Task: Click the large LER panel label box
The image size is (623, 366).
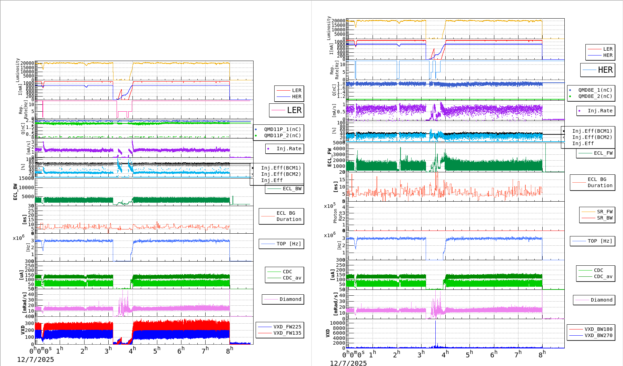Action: pyautogui.click(x=287, y=110)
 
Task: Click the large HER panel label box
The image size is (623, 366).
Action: pyautogui.click(x=597, y=70)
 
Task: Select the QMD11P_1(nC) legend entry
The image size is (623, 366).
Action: pyautogui.click(x=282, y=129)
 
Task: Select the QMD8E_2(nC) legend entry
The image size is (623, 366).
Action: pyautogui.click(x=595, y=96)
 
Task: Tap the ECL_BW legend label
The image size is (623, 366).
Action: pyautogui.click(x=292, y=189)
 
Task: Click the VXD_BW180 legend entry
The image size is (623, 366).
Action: pyautogui.click(x=598, y=329)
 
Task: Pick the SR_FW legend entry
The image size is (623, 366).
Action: pyautogui.click(x=604, y=212)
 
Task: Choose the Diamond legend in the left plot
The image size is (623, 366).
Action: pyautogui.click(x=290, y=299)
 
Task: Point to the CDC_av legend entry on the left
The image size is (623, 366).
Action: pyautogui.click(x=292, y=278)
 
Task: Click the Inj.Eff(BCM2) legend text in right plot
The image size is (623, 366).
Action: pyautogui.click(x=592, y=137)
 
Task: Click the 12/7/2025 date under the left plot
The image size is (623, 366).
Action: pyautogui.click(x=36, y=359)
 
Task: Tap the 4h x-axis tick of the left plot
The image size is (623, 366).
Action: pyautogui.click(x=132, y=351)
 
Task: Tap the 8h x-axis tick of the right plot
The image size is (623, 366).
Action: pyautogui.click(x=542, y=354)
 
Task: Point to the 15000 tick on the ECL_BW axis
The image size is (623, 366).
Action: pyautogui.click(x=27, y=178)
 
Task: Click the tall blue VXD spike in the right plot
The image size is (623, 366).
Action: pyautogui.click(x=435, y=333)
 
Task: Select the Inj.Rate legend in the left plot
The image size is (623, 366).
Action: pyautogui.click(x=288, y=149)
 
